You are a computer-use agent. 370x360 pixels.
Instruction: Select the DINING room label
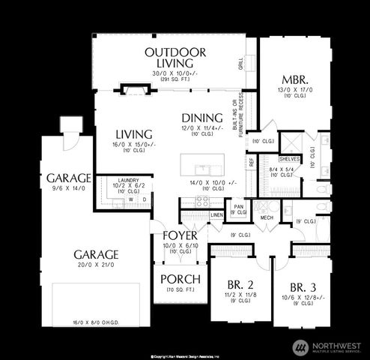pos(202,118)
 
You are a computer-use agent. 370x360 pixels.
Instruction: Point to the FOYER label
pos(180,235)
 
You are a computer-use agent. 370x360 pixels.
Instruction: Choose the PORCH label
pos(181,279)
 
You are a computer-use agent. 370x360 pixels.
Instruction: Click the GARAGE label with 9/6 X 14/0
pos(69,178)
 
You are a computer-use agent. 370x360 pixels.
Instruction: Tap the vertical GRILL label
pos(240,64)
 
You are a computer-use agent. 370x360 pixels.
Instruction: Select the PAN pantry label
pos(238,206)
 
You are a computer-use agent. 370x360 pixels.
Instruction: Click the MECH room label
pos(266,217)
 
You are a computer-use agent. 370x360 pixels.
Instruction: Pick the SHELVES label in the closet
pos(288,159)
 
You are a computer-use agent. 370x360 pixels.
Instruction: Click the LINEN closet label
pos(216,215)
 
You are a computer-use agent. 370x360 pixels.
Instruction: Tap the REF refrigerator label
pos(251,160)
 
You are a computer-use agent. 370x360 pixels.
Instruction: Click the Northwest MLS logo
pos(329,346)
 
